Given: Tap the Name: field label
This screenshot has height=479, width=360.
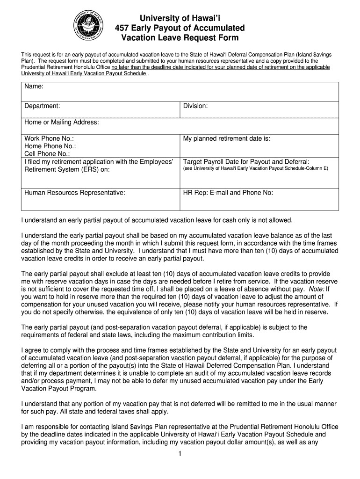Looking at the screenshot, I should (x=34, y=87).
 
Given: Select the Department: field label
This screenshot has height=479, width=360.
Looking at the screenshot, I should (x=42, y=106).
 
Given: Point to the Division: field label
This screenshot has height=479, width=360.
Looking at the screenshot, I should (x=195, y=106).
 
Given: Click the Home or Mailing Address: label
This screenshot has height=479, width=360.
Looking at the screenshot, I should (x=62, y=122).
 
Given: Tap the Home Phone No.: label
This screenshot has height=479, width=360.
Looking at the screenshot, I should (x=50, y=146).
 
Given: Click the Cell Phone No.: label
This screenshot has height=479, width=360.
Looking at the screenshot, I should (x=47, y=153).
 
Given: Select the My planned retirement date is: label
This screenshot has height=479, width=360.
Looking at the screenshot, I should (x=227, y=138).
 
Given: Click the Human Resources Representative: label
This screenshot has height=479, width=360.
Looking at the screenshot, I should (x=75, y=192).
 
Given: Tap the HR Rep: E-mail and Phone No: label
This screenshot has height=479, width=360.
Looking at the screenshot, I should (x=228, y=192).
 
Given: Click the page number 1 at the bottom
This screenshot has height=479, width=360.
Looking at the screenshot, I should (x=180, y=454).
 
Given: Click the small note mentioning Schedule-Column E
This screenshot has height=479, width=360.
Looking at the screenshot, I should (x=256, y=168).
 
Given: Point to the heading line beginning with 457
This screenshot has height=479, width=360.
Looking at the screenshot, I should (x=180, y=28).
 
